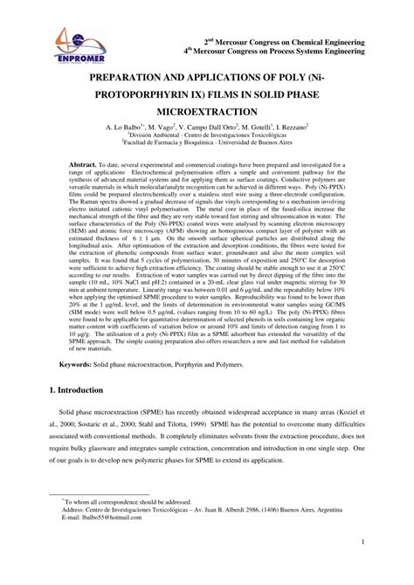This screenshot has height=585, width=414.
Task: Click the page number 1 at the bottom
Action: tap(385, 568)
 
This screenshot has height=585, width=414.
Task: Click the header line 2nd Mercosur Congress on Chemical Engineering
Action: tap(297, 41)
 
